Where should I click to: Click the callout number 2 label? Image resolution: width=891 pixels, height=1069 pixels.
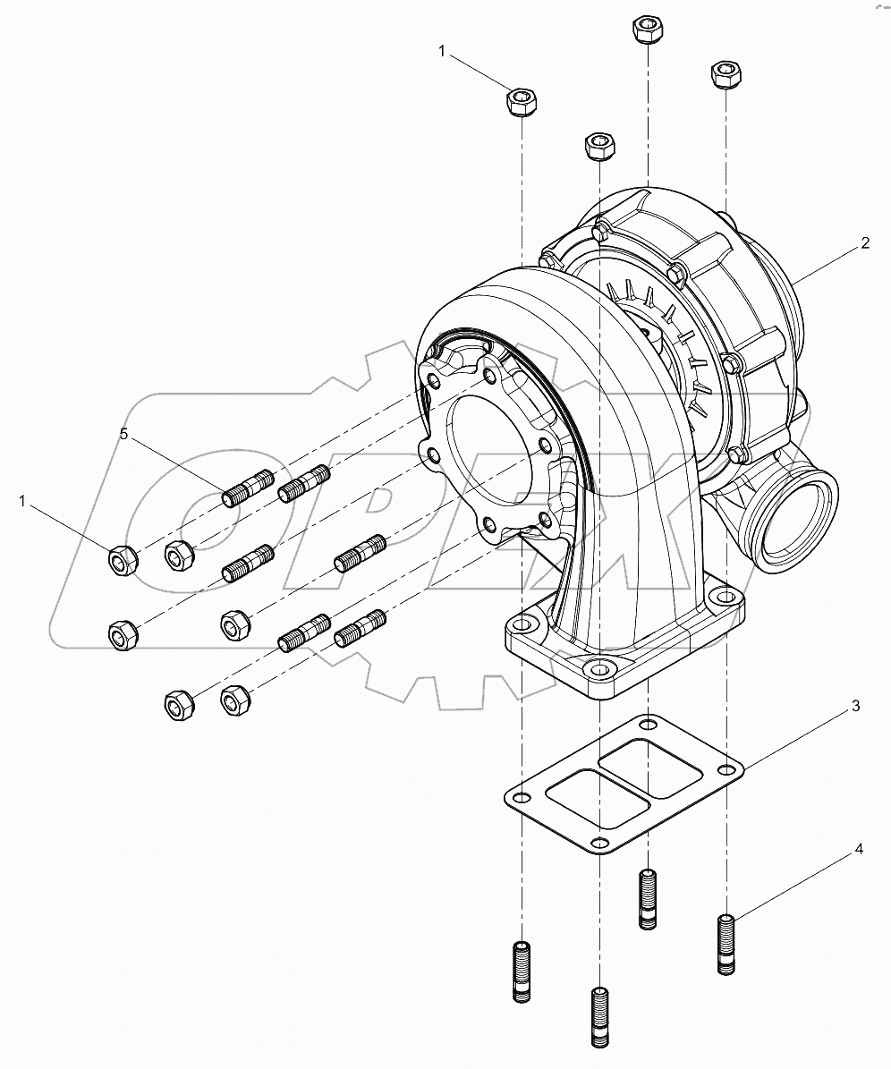click(x=865, y=243)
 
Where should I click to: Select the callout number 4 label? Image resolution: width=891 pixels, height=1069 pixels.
click(x=858, y=850)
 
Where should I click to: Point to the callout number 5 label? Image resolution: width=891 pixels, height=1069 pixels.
click(x=125, y=435)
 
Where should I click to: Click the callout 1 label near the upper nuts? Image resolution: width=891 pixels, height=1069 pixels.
click(x=441, y=52)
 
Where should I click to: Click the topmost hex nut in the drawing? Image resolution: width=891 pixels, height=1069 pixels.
click(x=647, y=30)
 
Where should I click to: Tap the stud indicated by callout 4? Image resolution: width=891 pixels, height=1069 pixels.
click(x=727, y=944)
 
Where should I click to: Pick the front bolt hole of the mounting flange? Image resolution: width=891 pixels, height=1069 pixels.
click(x=597, y=667)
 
